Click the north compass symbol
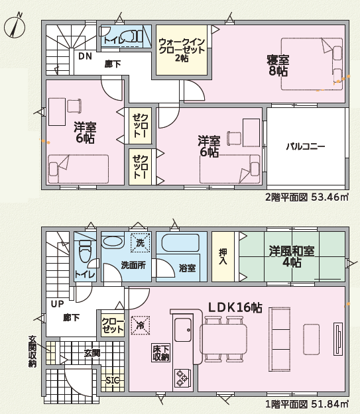click(15, 26)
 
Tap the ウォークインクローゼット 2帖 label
click(182, 50)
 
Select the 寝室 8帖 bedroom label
click(278, 66)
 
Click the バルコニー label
click(305, 146)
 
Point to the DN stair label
click(85, 56)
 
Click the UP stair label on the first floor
click(58, 304)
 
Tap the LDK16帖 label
click(235, 307)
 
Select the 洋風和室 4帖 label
click(292, 256)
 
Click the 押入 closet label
click(223, 256)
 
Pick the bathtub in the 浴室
click(180, 243)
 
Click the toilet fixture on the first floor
click(85, 251)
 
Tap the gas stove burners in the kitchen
click(182, 378)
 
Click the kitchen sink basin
click(183, 330)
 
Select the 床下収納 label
click(160, 352)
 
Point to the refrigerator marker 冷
click(140, 325)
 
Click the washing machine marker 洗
click(140, 243)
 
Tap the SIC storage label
click(113, 380)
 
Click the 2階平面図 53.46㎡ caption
click(306, 197)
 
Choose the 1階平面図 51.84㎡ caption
click(306, 403)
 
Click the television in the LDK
click(338, 339)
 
